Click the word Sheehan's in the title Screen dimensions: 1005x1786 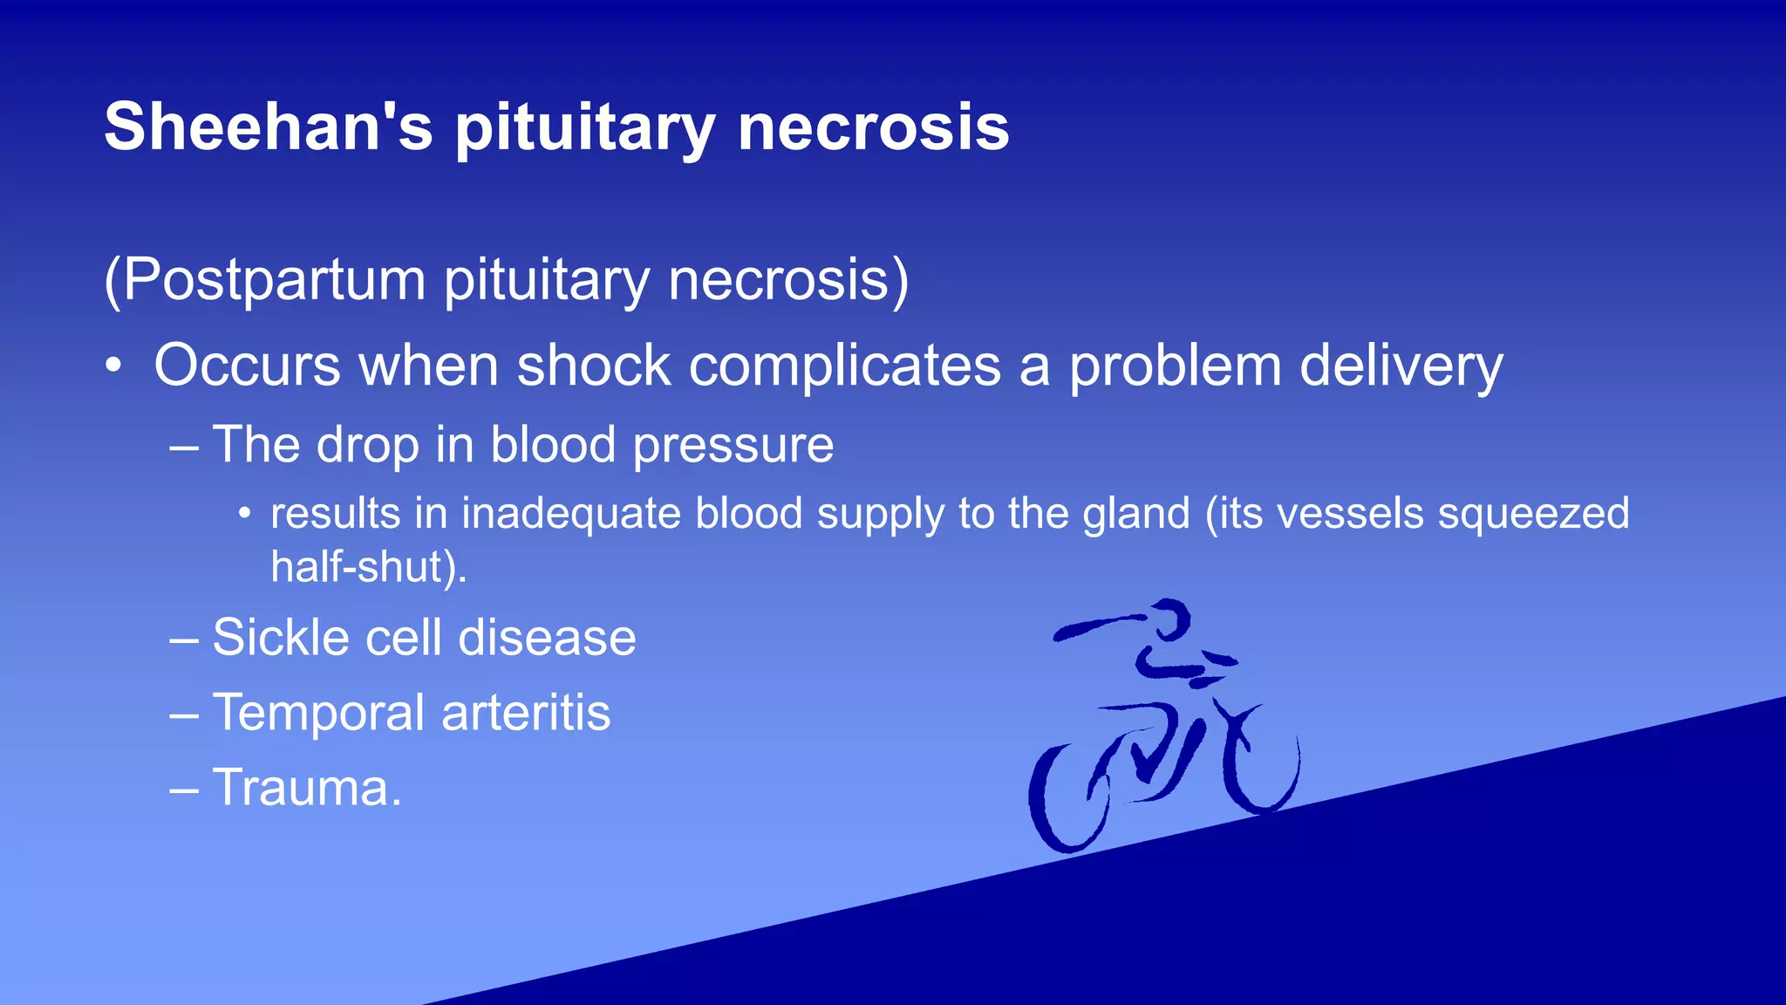point(269,127)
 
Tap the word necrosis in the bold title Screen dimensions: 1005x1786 point(873,127)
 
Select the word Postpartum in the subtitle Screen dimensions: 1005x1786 point(273,280)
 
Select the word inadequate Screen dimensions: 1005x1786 point(570,514)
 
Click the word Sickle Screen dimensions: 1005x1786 point(281,638)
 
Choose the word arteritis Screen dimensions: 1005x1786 point(526,713)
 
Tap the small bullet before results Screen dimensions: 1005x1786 point(245,514)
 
